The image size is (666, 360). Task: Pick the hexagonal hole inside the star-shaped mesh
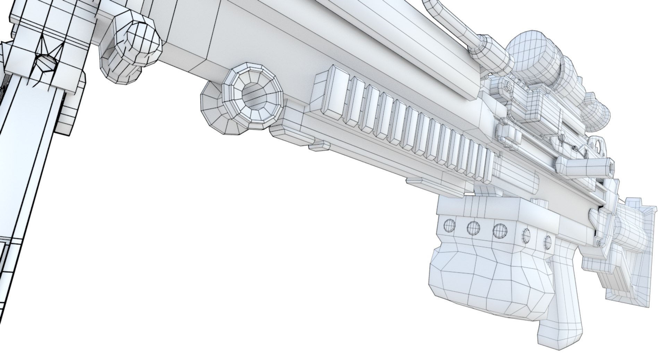click(x=46, y=62)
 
